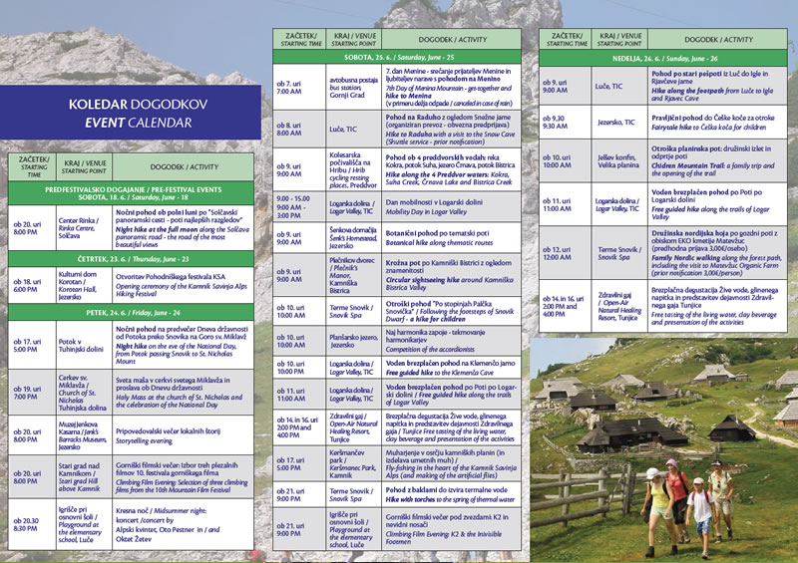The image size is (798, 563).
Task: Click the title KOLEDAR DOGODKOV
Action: [x=136, y=104]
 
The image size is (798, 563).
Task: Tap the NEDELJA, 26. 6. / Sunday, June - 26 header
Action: [x=663, y=58]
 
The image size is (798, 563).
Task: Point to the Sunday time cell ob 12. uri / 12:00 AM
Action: [x=563, y=251]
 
